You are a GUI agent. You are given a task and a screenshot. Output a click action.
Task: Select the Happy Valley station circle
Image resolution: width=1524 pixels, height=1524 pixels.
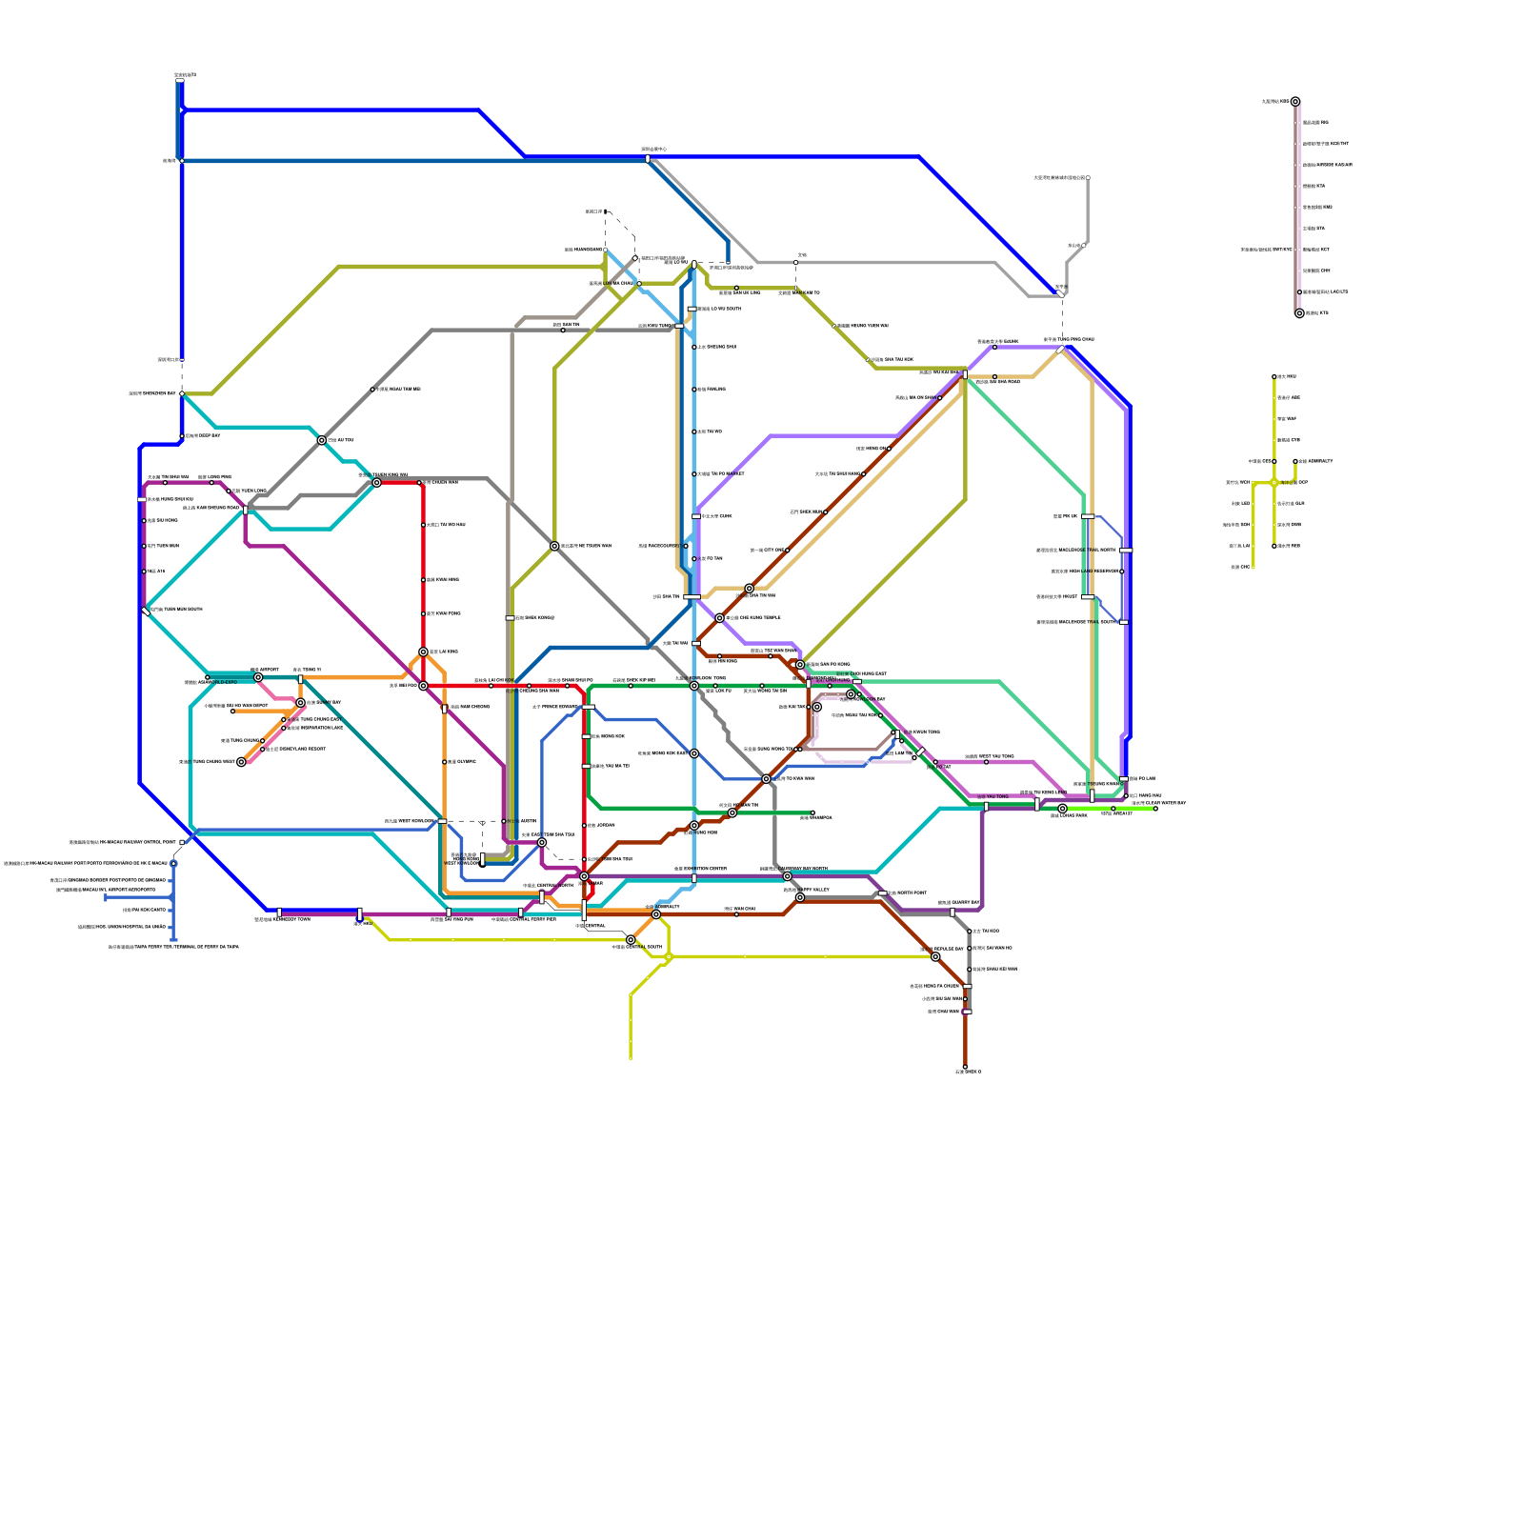(800, 897)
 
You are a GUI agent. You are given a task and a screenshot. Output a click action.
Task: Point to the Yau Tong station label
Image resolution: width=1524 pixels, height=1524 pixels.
(993, 796)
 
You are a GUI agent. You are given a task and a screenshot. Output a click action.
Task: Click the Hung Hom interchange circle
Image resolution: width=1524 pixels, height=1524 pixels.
(732, 812)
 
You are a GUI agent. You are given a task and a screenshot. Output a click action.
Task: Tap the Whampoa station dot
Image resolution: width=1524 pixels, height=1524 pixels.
(812, 812)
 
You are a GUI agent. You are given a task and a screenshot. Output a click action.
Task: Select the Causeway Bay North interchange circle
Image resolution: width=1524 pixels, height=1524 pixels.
(788, 876)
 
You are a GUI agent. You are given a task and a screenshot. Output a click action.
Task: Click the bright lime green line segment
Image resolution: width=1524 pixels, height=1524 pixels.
(1110, 809)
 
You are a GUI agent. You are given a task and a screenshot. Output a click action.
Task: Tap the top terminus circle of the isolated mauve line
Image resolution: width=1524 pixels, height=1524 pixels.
(1295, 102)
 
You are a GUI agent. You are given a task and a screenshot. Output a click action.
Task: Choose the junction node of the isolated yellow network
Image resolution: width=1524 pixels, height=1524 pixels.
(1274, 483)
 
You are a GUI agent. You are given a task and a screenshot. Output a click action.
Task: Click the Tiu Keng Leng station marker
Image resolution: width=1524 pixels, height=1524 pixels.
(1037, 805)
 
